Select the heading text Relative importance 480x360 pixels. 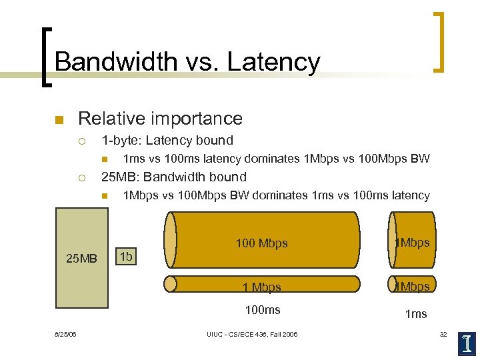click(x=160, y=119)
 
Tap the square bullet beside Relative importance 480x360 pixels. click(x=58, y=120)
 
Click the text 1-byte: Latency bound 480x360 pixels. click(x=167, y=141)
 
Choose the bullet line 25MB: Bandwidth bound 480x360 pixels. click(x=173, y=177)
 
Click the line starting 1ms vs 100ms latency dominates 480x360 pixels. click(x=276, y=159)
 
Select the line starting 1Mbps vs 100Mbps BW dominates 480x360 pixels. click(x=276, y=195)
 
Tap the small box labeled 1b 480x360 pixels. click(x=125, y=257)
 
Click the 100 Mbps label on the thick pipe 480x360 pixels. click(x=262, y=243)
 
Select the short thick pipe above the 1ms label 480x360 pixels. click(x=412, y=240)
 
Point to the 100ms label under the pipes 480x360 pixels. click(x=263, y=310)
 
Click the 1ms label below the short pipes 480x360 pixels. click(x=416, y=314)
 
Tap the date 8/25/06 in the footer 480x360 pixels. click(x=65, y=334)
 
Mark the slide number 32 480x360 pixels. click(x=443, y=334)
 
